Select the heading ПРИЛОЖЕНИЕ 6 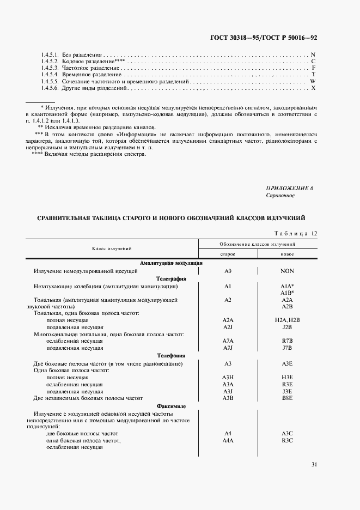290,188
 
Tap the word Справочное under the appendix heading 280,196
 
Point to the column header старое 228,254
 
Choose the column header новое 287,254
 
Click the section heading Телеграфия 172,278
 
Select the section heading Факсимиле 172,406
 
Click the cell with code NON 287,271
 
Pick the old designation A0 228,271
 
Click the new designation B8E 287,398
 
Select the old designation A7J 228,348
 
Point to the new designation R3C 287,440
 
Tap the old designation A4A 228,440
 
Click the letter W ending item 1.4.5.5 313,81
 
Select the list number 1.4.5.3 50,68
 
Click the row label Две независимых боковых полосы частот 91,398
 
